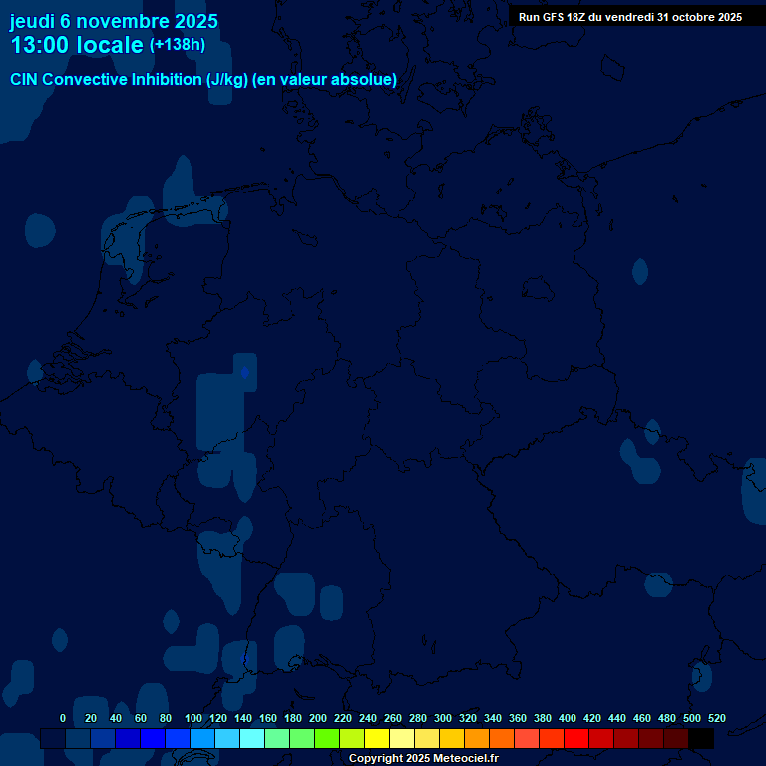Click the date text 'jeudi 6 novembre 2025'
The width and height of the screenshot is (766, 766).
(x=114, y=21)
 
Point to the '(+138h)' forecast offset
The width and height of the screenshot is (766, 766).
(x=178, y=45)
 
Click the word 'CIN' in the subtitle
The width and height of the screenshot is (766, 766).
(x=26, y=80)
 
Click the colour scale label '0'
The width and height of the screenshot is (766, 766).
(x=63, y=718)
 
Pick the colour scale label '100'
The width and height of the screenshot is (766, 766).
(x=193, y=718)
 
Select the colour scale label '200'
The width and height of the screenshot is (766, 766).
(x=318, y=718)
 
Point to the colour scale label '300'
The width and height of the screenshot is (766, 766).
(x=443, y=718)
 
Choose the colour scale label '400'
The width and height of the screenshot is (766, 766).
(x=568, y=718)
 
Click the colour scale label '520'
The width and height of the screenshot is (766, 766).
(x=716, y=718)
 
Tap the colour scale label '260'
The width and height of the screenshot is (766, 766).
(x=393, y=718)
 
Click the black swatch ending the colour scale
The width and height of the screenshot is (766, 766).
(x=701, y=739)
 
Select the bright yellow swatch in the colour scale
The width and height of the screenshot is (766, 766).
(x=377, y=739)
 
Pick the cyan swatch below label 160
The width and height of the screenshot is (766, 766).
(x=252, y=739)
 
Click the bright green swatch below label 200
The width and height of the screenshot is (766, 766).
(x=327, y=739)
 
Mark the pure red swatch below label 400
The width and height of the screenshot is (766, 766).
(x=576, y=739)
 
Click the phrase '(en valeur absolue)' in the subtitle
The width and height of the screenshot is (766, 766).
(x=325, y=80)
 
